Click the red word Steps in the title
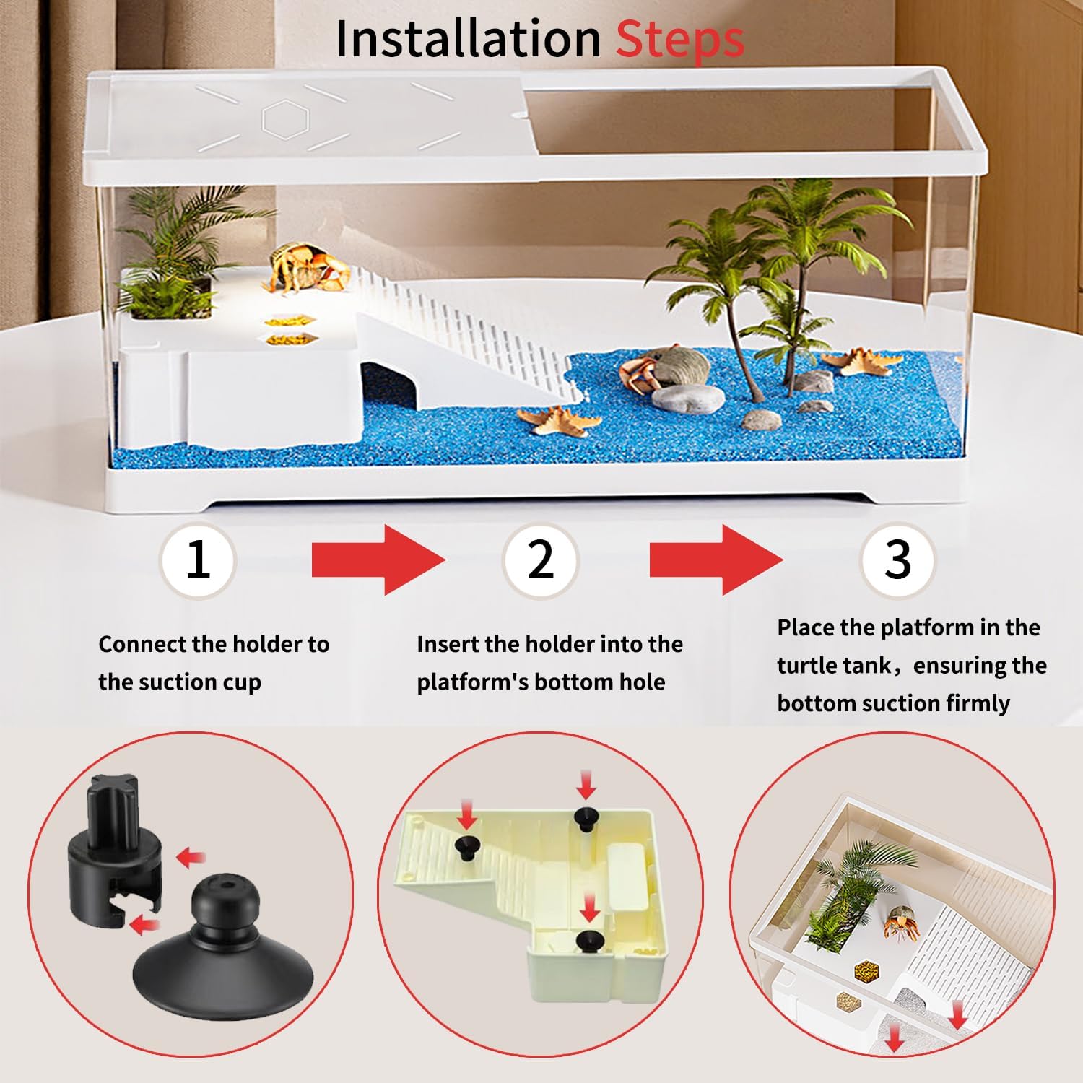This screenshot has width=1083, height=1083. (x=679, y=39)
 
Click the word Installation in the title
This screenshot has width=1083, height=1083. (x=468, y=39)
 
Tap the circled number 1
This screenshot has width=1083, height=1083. (x=198, y=560)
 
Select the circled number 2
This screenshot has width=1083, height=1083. (x=540, y=560)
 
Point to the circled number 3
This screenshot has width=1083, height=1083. (x=897, y=560)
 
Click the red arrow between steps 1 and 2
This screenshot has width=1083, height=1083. (x=377, y=560)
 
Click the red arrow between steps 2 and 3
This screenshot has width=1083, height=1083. (x=715, y=560)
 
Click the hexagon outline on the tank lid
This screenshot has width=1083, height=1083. (x=286, y=119)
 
